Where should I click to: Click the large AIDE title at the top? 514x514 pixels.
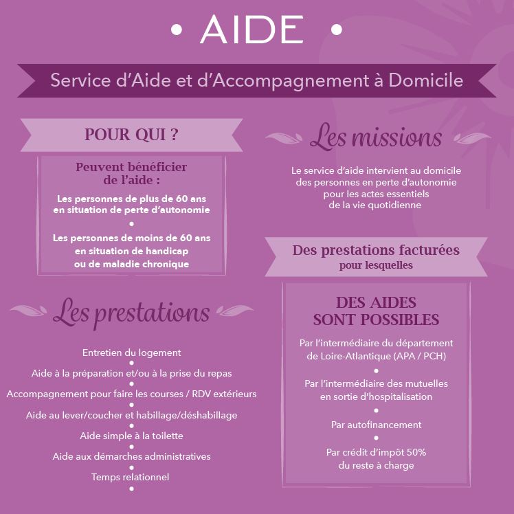coord(252,29)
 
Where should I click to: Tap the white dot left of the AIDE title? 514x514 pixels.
coord(177,30)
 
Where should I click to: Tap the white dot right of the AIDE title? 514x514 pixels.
coord(336,30)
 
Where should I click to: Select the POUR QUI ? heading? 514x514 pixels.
coord(131,135)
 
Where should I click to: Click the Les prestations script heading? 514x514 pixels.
coord(131,313)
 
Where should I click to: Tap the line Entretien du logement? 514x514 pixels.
coord(131,353)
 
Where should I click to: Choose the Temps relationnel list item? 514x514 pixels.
coord(130,477)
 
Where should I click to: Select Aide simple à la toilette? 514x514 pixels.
coord(131,436)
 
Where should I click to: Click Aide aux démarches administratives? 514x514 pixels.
coord(131,456)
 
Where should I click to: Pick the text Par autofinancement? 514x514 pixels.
coord(376,425)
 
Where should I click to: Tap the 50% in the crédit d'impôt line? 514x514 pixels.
coord(416,452)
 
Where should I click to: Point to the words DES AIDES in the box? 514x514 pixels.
coord(376,302)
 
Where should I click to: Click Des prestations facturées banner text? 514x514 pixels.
coord(376,250)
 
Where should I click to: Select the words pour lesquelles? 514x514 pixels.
coord(376,265)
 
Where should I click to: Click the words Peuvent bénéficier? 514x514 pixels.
coord(131,167)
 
